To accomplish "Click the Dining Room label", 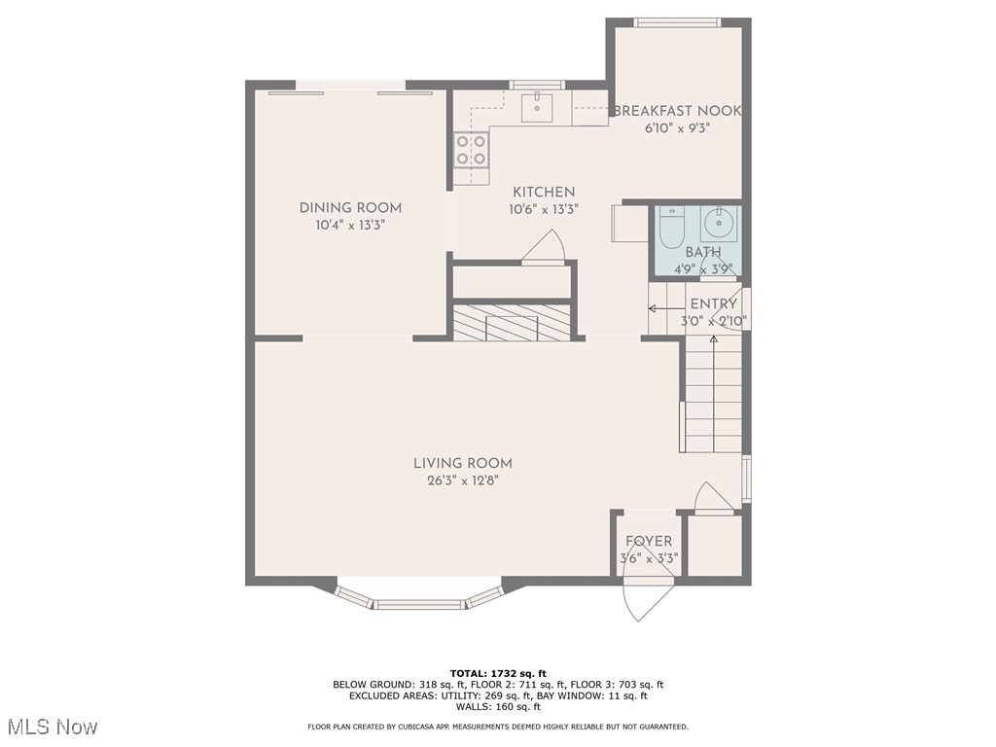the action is tap(350, 208).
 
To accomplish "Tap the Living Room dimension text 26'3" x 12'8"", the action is tap(463, 480).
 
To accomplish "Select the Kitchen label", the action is tap(544, 192).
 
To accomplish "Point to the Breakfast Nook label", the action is tap(677, 111).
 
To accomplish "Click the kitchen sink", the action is tap(537, 106).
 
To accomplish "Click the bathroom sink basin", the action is tap(720, 223).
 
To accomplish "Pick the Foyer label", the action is tap(649, 541).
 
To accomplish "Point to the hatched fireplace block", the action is tap(512, 322).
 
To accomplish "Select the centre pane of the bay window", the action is tap(419, 604).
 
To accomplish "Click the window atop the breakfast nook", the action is tap(678, 23).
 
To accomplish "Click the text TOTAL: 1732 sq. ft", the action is tap(498, 673).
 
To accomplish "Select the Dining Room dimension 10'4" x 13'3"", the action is tap(350, 225).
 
